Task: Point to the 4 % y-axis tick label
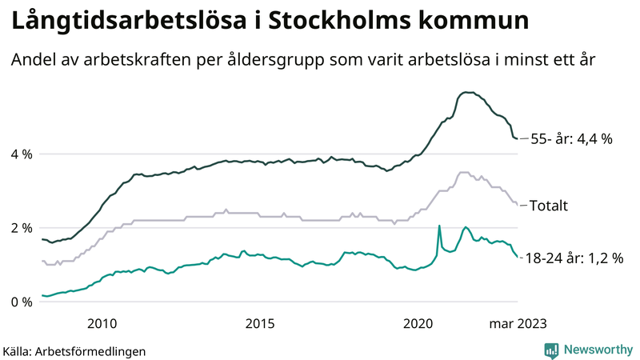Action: point(21,154)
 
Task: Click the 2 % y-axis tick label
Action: point(21,228)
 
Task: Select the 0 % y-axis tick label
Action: point(21,302)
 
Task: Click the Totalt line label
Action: point(550,206)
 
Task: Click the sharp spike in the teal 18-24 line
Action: point(439,226)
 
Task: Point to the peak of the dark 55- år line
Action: point(466,92)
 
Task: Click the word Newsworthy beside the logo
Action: point(596,350)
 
